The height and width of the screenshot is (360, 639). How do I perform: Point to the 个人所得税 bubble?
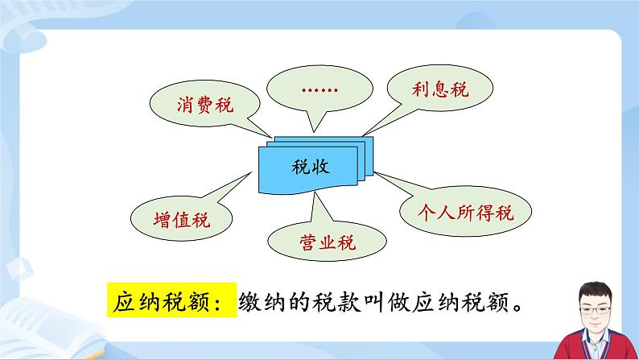click(x=466, y=213)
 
